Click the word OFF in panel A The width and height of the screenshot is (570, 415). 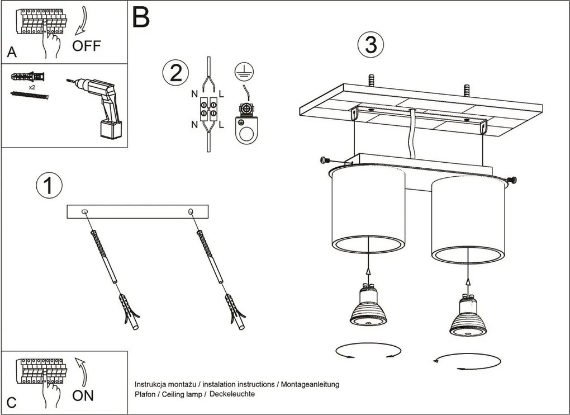click(x=87, y=46)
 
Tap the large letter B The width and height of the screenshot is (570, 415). click(x=141, y=18)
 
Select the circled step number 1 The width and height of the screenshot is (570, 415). click(x=49, y=185)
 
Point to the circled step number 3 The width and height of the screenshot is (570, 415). click(x=371, y=45)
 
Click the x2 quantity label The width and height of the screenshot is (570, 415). click(x=32, y=87)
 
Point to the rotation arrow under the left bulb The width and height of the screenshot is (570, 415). click(x=369, y=350)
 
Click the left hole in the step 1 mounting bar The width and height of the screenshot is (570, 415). click(x=84, y=211)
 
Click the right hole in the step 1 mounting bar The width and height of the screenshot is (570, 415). click(x=191, y=211)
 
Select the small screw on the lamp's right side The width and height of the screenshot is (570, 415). click(x=511, y=180)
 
